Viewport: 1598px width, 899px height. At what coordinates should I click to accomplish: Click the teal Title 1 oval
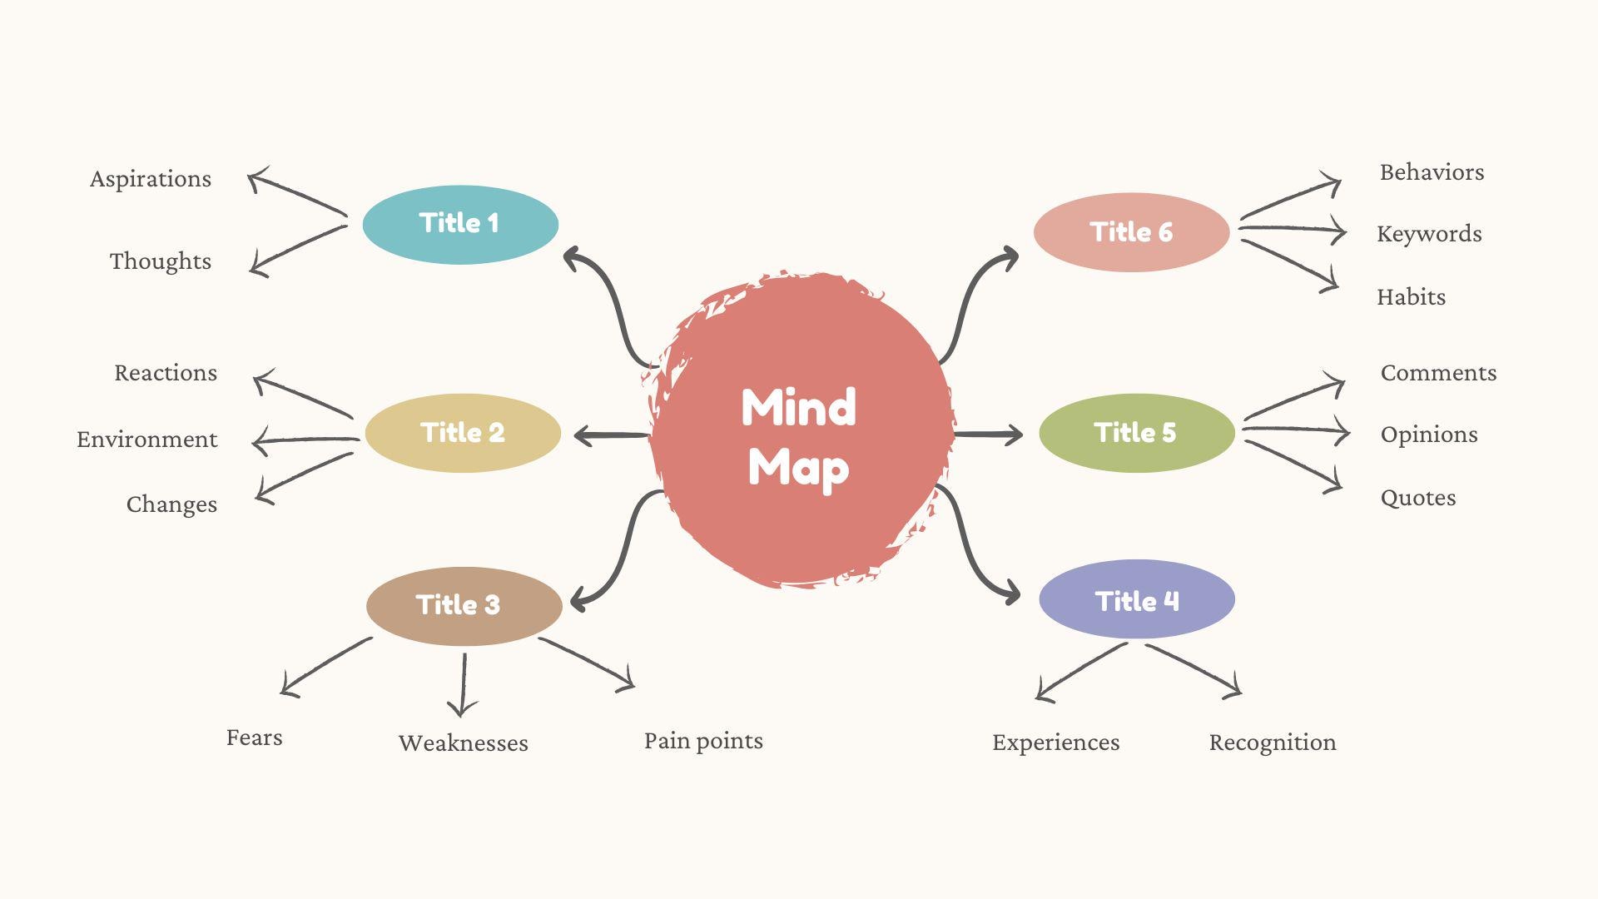click(460, 224)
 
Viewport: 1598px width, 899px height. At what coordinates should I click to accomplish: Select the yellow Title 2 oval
click(463, 433)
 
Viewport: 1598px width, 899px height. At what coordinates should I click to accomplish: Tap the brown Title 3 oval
click(464, 605)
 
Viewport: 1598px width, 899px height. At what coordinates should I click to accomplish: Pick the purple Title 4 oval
click(1136, 599)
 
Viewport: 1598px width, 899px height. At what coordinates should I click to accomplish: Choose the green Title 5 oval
click(1136, 433)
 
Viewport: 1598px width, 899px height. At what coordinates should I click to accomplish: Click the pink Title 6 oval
click(1131, 232)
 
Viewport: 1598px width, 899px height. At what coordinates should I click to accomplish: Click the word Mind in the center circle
click(798, 407)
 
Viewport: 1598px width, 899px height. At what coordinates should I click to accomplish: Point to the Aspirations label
click(151, 179)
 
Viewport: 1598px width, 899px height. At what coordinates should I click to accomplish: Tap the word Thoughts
click(161, 261)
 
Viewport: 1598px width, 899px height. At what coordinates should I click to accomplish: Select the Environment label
click(147, 440)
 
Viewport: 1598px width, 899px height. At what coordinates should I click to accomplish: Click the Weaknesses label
click(463, 743)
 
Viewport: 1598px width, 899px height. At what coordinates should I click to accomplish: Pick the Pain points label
click(703, 741)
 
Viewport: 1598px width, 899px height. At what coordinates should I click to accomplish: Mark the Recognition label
click(1273, 743)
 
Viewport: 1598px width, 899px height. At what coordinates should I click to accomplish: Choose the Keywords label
click(1429, 234)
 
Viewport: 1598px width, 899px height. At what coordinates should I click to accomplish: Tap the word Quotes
click(1418, 498)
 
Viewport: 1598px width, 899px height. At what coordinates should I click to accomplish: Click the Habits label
click(1411, 297)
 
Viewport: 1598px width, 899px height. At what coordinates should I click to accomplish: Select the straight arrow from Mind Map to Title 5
click(988, 435)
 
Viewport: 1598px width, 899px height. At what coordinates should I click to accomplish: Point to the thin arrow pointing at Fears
click(325, 668)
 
